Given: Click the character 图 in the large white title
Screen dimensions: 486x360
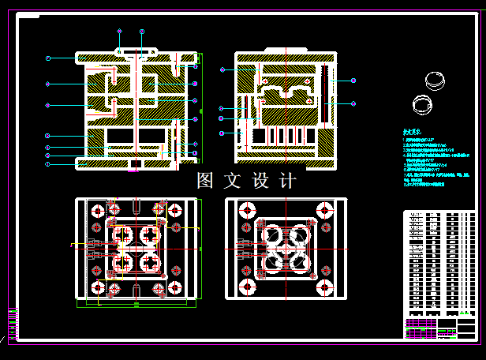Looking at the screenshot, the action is tap(206, 181).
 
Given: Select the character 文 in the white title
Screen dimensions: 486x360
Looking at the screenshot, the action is tap(232, 181).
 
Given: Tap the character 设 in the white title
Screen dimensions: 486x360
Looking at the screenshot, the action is tap(260, 181).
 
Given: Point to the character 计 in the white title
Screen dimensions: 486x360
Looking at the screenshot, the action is tap(288, 181).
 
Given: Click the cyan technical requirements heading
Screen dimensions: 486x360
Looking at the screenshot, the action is tap(412, 133).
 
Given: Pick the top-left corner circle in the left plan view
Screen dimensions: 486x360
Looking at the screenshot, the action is tap(97, 212).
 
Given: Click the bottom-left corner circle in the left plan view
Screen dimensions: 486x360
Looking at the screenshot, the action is tap(97, 287).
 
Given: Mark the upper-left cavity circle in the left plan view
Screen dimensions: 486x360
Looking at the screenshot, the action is tap(124, 235).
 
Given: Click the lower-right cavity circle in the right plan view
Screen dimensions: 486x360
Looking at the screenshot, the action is tap(299, 261).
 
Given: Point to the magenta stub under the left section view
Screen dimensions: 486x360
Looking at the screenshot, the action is tap(134, 167).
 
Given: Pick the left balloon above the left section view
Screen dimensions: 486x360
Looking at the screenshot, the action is tap(119, 31).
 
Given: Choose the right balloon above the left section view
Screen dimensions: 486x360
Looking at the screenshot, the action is tap(142, 31).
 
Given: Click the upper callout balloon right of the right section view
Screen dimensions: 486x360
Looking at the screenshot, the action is tap(353, 81).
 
